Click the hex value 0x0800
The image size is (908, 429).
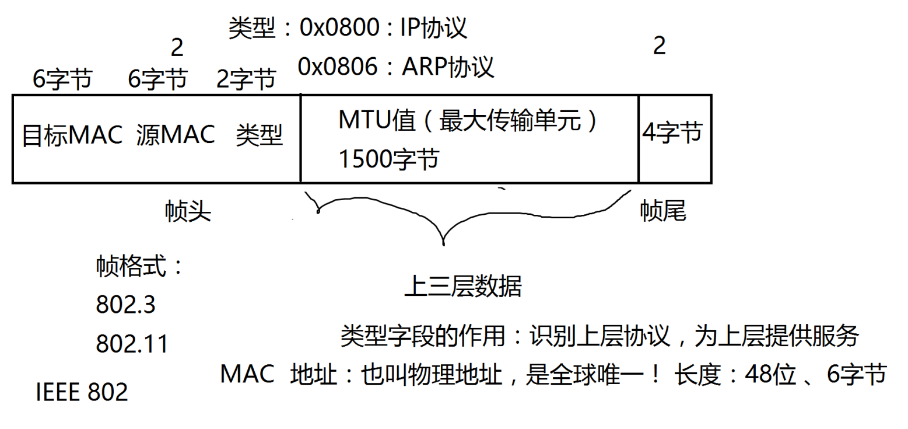[x=338, y=28]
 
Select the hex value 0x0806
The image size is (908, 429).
[x=336, y=67]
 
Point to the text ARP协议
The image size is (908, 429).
[x=448, y=67]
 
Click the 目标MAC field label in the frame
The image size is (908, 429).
[x=72, y=136]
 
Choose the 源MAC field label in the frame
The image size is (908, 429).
[x=176, y=136]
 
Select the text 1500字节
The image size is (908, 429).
[x=388, y=159]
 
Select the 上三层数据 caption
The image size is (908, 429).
[x=463, y=287]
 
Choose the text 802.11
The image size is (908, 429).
[x=132, y=344]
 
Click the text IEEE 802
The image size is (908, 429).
[x=82, y=393]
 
